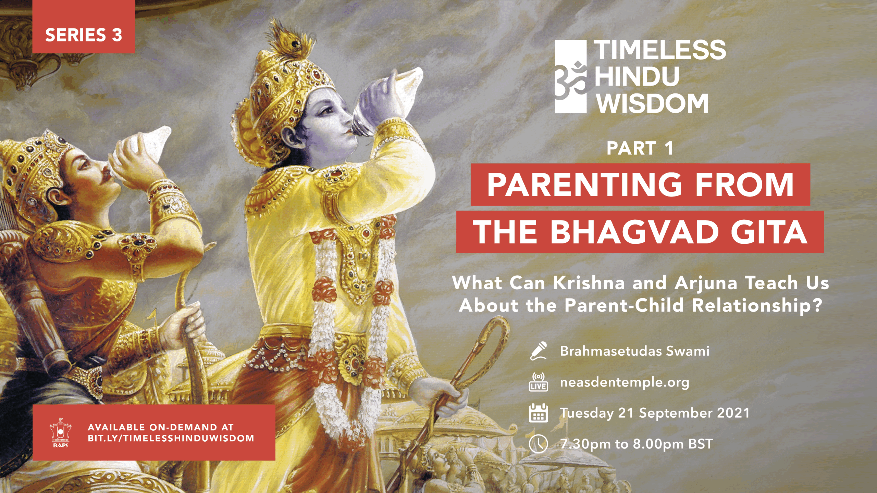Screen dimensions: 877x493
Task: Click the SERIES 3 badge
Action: coord(84,27)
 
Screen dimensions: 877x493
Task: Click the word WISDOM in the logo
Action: coord(653,103)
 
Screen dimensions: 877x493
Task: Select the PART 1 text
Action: coord(640,149)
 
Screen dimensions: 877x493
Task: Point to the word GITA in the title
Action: coord(769,232)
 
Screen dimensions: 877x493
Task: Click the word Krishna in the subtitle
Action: coord(589,283)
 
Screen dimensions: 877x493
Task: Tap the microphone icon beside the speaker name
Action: coord(539,351)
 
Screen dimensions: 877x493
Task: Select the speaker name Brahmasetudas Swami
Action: coord(634,351)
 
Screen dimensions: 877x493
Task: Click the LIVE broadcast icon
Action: coord(539,382)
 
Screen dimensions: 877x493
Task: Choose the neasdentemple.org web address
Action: coord(625,383)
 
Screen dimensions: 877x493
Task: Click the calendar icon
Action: coord(539,413)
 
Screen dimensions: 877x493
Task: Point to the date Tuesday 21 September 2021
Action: coord(655,413)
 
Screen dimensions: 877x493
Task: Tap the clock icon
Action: coord(539,444)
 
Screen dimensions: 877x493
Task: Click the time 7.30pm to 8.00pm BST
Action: coord(637,444)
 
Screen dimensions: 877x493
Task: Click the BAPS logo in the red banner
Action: coord(61,432)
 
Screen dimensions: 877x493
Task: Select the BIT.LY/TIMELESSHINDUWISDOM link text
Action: coord(171,439)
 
